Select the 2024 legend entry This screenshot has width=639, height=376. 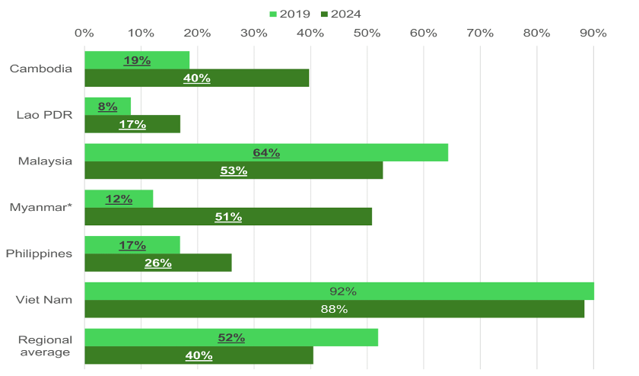(340, 14)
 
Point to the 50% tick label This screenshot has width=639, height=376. (367, 33)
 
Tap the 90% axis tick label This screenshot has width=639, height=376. (593, 33)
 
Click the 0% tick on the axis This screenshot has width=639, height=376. (84, 33)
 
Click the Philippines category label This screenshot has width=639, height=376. (39, 253)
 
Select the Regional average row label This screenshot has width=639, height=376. (45, 346)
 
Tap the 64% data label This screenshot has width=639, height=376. (266, 153)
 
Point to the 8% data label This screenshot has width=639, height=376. (107, 107)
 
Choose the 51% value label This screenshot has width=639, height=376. (228, 217)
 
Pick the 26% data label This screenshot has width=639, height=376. (158, 263)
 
